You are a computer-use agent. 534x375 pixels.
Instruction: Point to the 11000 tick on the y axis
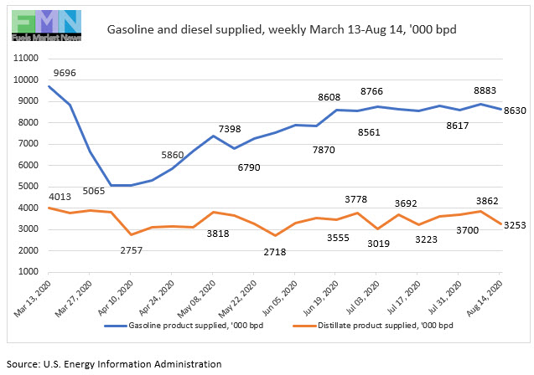[x=27, y=59]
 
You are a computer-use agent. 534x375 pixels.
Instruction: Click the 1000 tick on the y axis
[x=29, y=272]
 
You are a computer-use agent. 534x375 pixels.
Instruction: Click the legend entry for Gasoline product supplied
[x=195, y=348]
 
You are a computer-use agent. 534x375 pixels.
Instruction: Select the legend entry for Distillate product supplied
[x=386, y=348]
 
